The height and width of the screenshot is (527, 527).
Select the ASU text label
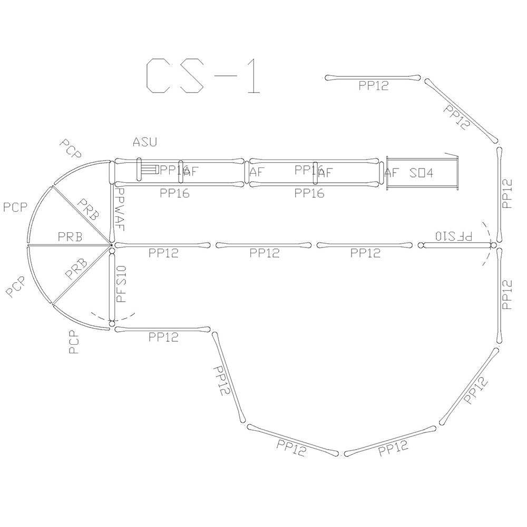click(144, 142)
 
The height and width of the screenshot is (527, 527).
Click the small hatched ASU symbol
click(150, 170)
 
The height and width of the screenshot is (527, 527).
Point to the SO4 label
click(421, 173)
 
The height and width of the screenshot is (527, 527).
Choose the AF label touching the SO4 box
click(391, 173)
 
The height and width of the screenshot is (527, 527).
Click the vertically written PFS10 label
click(121, 284)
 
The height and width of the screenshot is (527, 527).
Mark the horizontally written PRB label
click(70, 237)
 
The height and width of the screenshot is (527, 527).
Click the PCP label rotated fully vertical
click(74, 342)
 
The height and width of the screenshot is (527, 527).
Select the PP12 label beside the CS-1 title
click(373, 86)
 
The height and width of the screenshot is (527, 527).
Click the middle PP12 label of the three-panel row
click(265, 253)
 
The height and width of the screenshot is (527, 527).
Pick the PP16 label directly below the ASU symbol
click(174, 193)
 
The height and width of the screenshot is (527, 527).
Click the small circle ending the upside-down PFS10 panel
click(421, 245)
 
